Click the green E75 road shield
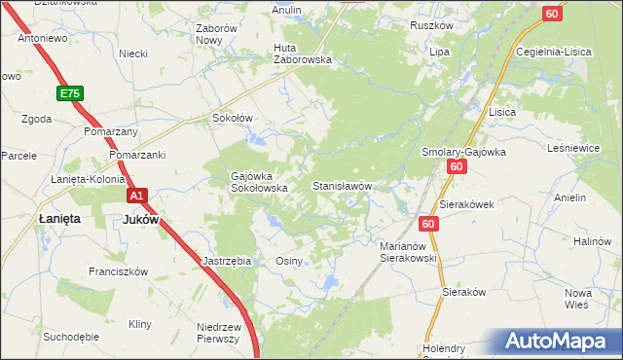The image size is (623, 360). (69, 93)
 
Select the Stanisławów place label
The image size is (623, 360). (343, 185)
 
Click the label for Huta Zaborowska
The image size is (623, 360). (303, 53)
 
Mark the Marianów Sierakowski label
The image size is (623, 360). (408, 253)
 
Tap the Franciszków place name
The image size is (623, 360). (117, 271)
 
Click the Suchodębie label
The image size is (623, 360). (71, 337)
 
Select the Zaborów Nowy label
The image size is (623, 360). (216, 34)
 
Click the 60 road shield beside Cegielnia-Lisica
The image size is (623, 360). (552, 13)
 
